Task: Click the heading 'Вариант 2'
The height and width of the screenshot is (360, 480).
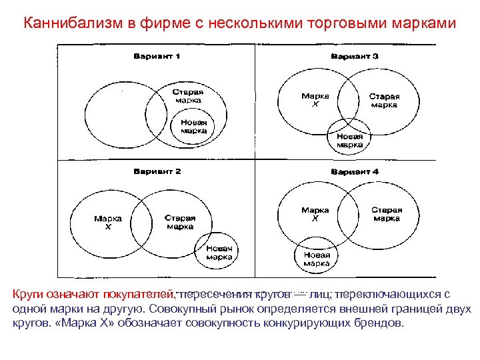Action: (157, 172)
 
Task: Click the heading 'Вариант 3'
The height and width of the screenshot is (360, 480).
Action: (355, 56)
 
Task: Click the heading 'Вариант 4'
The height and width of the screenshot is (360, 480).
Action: (355, 172)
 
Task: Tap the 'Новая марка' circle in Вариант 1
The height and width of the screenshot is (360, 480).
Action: (193, 127)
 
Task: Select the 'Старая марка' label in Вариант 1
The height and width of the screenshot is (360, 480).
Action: (188, 96)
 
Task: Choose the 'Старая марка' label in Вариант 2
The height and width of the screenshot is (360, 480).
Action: (180, 222)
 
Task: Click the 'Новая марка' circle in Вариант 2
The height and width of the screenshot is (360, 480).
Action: (219, 253)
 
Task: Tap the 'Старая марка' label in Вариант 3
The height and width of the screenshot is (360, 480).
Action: (385, 100)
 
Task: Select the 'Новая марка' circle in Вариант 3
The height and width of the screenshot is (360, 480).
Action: (349, 139)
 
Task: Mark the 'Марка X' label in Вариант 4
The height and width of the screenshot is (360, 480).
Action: (315, 214)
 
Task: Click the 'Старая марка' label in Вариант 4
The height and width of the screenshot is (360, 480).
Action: (387, 214)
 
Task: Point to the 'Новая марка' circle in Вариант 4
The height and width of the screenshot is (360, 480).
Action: (317, 259)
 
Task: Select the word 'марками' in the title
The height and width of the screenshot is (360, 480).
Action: (423, 23)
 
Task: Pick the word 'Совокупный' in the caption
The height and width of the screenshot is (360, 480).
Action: (180, 309)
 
